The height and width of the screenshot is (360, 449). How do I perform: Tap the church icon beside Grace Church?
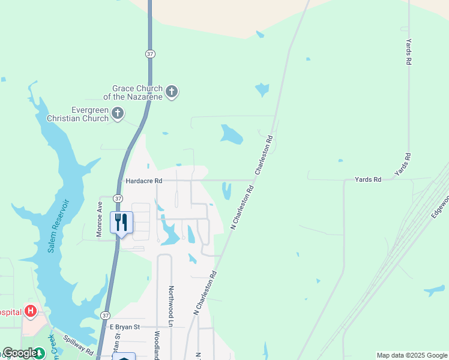pos(172,92)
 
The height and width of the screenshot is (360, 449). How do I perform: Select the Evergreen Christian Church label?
pos(90,114)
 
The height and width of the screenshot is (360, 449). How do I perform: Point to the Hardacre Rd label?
pos(143,181)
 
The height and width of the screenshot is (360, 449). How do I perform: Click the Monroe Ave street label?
pos(100,219)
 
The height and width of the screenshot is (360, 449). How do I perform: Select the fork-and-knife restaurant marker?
pos(121,223)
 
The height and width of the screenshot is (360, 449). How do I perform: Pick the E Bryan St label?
pos(124,327)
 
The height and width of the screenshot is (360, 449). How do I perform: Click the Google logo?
pos(19,353)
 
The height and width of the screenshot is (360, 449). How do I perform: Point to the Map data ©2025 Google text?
pos(411,355)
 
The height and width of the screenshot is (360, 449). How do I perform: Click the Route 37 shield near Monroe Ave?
pos(118,199)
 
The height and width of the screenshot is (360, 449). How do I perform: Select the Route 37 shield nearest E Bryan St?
pos(106,316)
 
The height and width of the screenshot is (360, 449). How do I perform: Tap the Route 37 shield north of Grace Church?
pos(150,54)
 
